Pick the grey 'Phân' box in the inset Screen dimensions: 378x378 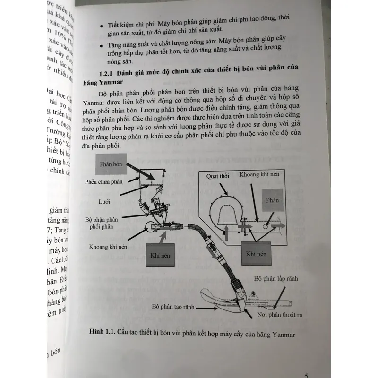[x=273, y=200]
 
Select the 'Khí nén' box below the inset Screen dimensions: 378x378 [x=257, y=254]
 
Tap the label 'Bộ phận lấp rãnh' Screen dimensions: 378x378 [x=275, y=279]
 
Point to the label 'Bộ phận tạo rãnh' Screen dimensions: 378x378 [x=174, y=306]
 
